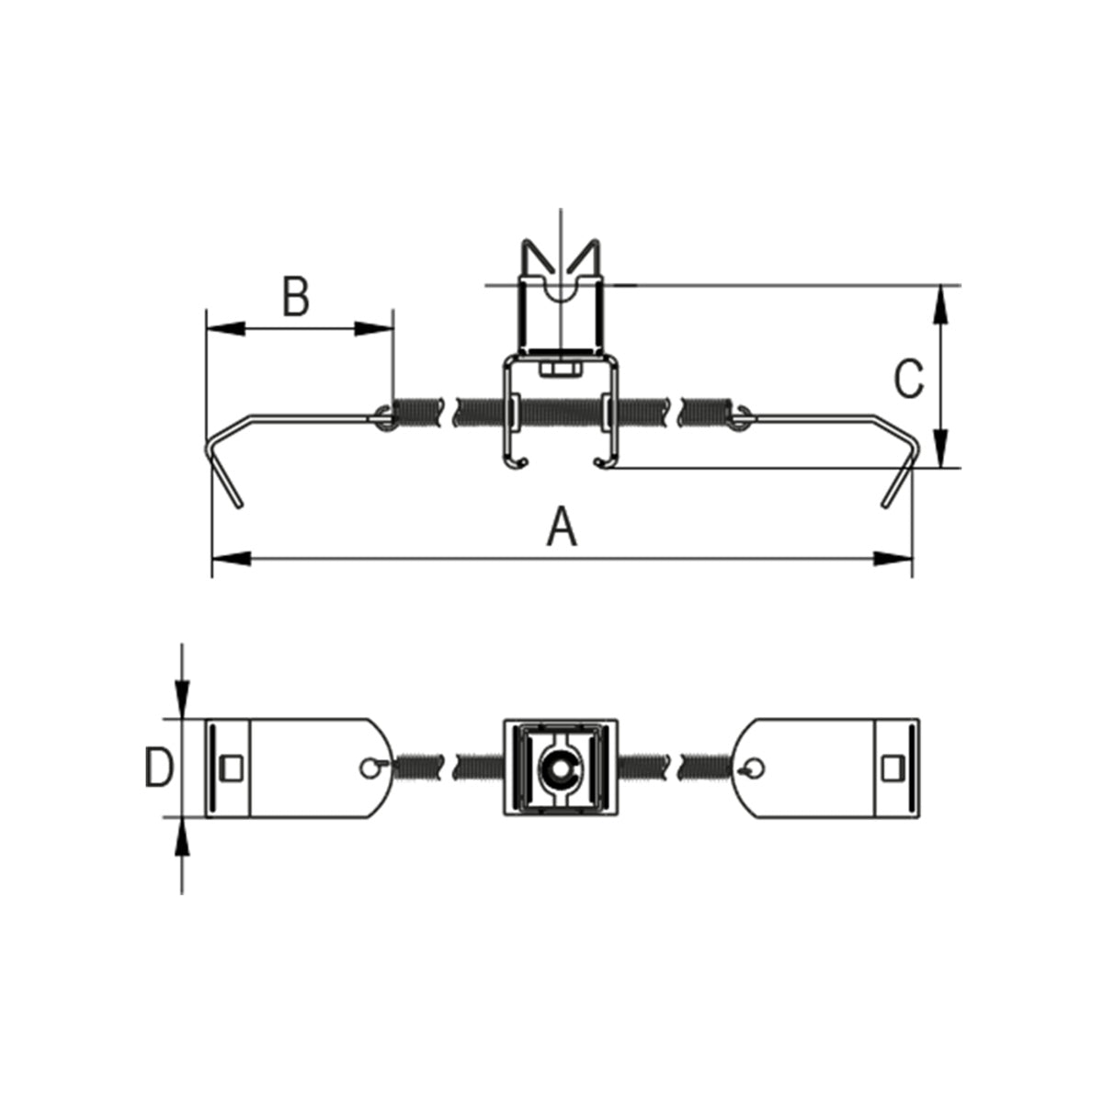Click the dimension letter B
pos(297,296)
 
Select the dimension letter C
pos(909,379)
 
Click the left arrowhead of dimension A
pos(232,559)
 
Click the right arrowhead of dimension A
pos(893,559)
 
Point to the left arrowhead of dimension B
pos(225,328)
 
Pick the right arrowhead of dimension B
pos(374,328)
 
